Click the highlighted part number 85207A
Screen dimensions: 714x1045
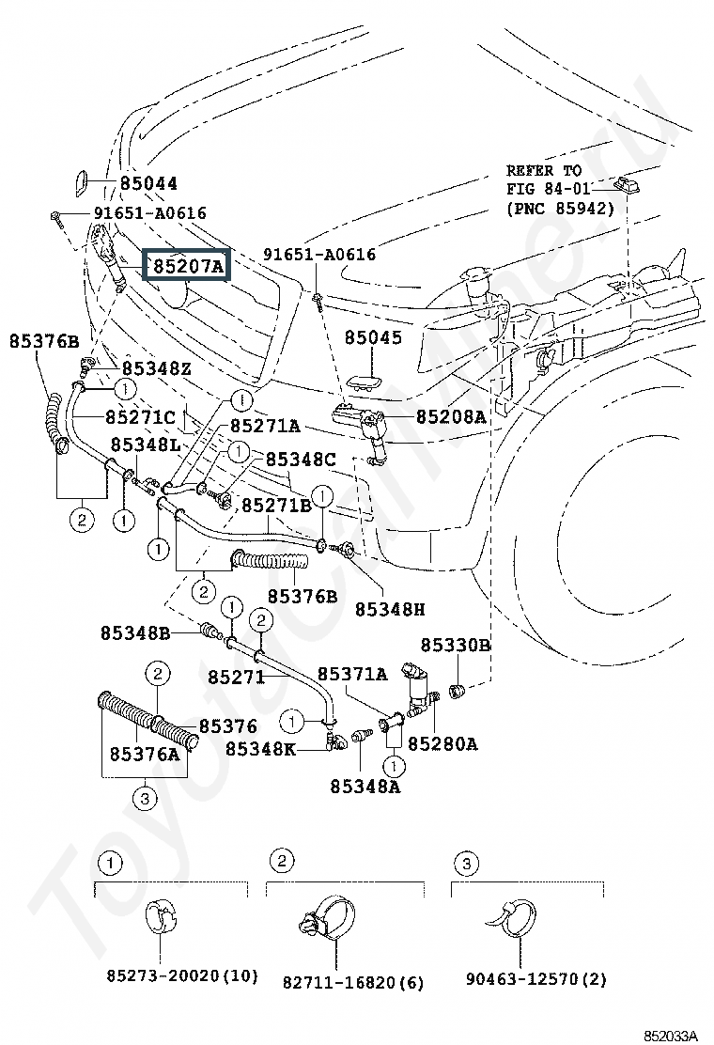pos(189,267)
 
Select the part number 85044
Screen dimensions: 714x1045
pos(148,182)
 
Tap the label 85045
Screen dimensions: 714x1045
pos(374,337)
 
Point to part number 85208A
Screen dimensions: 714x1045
pos(451,416)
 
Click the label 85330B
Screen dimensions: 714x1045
pos(456,645)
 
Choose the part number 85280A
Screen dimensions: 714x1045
pos(442,743)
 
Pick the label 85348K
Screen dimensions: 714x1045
pos(260,748)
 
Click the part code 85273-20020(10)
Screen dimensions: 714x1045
pos(182,975)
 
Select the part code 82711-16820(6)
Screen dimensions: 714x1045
pos(353,982)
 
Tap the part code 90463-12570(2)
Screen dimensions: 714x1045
pos(536,979)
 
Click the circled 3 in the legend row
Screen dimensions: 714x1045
pos(466,865)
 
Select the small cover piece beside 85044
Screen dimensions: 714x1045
pos(79,183)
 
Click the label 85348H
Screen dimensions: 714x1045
pos(390,609)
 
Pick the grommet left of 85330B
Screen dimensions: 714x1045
pos(457,691)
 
